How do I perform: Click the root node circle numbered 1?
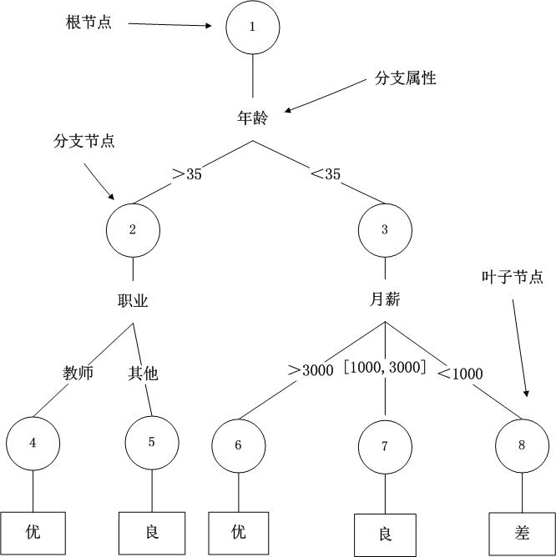point(252,26)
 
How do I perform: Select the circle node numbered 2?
point(133,230)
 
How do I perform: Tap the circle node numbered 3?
point(384,230)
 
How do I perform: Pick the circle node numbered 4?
point(33,443)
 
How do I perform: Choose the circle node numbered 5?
point(151,443)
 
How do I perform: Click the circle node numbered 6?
point(239,445)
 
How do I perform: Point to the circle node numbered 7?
point(385,445)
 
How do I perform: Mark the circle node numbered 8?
point(522,445)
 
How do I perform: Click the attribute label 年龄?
point(252,118)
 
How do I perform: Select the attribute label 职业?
point(133,301)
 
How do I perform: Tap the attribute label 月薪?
point(384,299)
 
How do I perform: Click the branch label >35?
point(186,174)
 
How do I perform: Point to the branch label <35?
point(325,174)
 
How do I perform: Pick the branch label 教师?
point(78,373)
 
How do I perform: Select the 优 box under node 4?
point(33,531)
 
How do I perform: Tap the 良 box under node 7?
point(385,534)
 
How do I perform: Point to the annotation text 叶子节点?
point(513,277)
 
